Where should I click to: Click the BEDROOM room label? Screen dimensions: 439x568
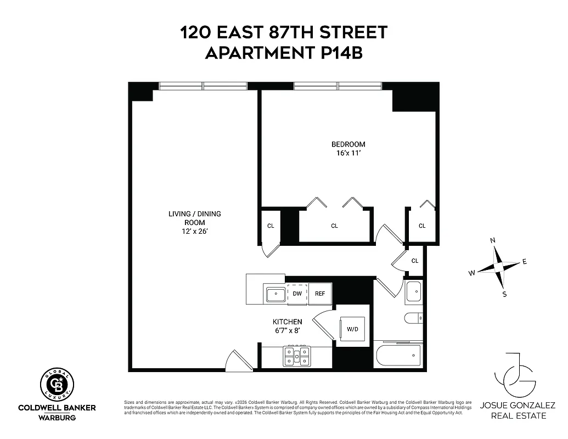(x=348, y=144)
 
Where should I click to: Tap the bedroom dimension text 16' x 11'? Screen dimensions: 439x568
(x=348, y=154)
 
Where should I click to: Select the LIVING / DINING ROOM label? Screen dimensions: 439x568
(x=194, y=218)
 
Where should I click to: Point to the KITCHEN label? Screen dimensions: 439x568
(x=287, y=322)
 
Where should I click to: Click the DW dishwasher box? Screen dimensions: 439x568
(x=297, y=294)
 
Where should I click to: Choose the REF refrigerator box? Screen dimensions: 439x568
(x=320, y=294)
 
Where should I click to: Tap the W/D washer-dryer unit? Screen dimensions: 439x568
(x=352, y=330)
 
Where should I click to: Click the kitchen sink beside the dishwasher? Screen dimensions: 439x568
(x=275, y=294)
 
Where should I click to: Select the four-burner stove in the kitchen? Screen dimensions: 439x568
(x=296, y=356)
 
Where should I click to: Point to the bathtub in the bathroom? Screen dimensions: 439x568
(x=398, y=357)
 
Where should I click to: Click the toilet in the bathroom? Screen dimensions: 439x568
(x=413, y=318)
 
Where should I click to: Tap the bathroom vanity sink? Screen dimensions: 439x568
(x=413, y=292)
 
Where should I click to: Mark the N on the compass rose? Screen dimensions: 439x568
(x=493, y=240)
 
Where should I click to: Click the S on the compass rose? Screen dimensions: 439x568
(x=504, y=294)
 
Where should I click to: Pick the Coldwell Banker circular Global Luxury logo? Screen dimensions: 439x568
(x=57, y=384)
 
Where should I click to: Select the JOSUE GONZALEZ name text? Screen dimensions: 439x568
(x=518, y=406)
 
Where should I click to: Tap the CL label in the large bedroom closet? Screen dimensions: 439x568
(x=334, y=226)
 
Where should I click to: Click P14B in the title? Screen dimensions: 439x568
(x=339, y=53)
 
